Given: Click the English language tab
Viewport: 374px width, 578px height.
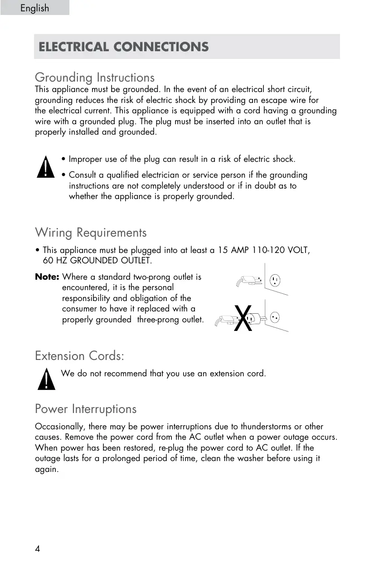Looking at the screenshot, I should pyautogui.click(x=34, y=8).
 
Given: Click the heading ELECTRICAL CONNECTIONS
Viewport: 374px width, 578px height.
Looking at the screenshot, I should pyautogui.click(x=124, y=47).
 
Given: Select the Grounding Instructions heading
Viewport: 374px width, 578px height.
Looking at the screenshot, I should pyautogui.click(x=95, y=78).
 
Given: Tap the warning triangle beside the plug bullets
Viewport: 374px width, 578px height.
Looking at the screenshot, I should pyautogui.click(x=46, y=167).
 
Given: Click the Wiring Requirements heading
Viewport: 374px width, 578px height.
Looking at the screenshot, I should pyautogui.click(x=91, y=233).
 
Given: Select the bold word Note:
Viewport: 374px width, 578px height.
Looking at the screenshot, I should pyautogui.click(x=47, y=277).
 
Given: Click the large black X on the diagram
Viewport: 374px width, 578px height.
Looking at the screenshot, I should pyautogui.click(x=243, y=318).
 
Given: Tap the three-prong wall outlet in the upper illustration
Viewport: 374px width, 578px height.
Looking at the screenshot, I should pyautogui.click(x=275, y=279).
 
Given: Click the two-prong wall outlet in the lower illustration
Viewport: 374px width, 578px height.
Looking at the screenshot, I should pyautogui.click(x=275, y=316).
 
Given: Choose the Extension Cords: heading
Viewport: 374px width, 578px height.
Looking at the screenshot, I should pyautogui.click(x=79, y=356).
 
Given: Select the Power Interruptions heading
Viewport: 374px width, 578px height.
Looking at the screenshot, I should pyautogui.click(x=86, y=409).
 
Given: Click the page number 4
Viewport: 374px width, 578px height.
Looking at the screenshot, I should pyautogui.click(x=38, y=549).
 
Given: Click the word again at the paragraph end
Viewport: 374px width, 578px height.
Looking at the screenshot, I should pyautogui.click(x=46, y=469).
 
